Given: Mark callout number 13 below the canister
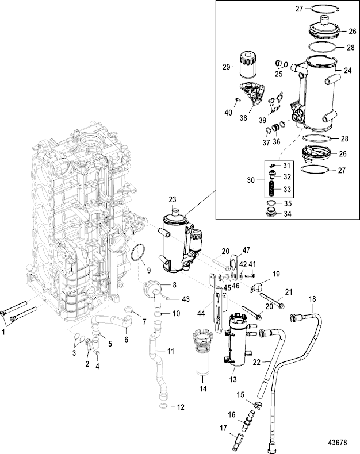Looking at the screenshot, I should click(232, 379).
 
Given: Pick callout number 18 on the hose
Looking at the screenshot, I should click(312, 298).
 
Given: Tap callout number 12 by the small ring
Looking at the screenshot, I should click(181, 407).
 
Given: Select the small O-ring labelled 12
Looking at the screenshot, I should click(165, 407).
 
